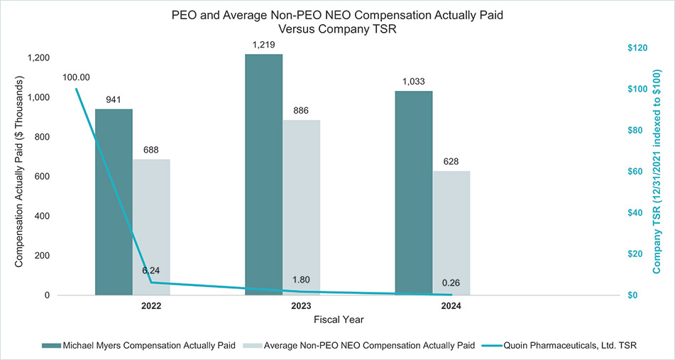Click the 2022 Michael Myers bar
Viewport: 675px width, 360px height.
114,202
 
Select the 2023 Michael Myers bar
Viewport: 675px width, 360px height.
264,174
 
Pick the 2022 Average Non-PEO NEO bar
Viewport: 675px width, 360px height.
151,227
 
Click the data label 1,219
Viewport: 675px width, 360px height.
264,45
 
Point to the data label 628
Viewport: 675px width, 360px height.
451,161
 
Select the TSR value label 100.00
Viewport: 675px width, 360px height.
76,77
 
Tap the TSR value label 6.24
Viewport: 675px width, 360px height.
150,271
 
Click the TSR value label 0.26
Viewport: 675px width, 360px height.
451,283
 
